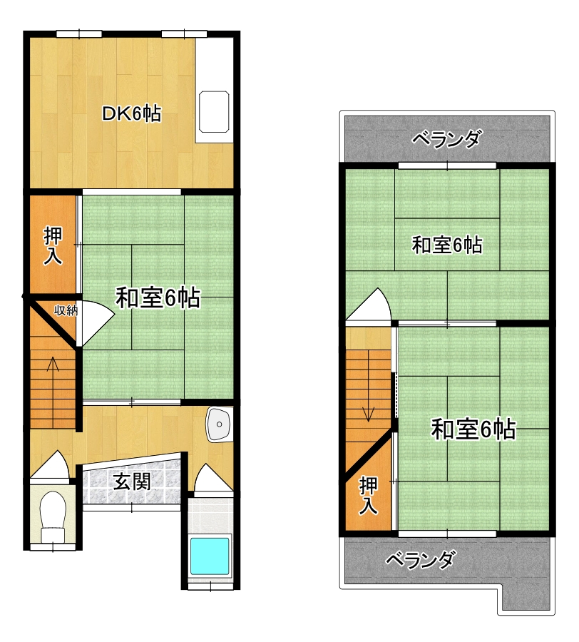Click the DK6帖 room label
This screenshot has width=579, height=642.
point(131,113)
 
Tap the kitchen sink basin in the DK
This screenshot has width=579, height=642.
point(214,112)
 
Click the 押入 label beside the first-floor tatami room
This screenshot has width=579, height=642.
point(53,247)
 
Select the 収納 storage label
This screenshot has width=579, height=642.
point(66,311)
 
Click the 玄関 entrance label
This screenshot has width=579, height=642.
point(132,481)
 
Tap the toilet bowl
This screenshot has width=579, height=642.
point(53,514)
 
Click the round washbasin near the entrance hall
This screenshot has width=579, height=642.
point(219,424)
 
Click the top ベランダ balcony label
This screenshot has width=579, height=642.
point(446,139)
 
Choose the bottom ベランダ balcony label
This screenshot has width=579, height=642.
point(420,559)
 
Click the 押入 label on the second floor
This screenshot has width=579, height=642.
point(368,496)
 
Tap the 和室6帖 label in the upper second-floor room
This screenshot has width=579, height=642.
point(447,245)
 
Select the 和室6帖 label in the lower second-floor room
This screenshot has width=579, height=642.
point(473,429)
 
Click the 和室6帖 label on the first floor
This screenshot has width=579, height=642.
point(158,297)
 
